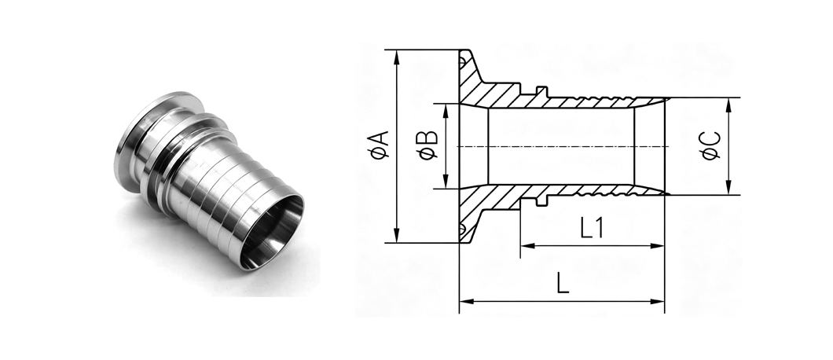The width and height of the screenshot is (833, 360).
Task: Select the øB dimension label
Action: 428,145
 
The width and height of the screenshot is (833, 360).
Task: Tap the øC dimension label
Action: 711,145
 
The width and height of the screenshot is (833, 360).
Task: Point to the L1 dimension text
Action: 591,230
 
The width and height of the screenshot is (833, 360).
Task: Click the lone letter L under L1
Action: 563,284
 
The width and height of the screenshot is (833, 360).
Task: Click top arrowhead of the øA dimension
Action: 397,57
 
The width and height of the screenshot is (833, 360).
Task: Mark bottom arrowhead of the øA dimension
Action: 397,236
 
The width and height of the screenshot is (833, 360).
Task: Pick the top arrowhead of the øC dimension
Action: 728,105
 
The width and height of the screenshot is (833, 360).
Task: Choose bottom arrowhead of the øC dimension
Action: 728,188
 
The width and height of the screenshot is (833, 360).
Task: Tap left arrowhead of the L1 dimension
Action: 527,246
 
